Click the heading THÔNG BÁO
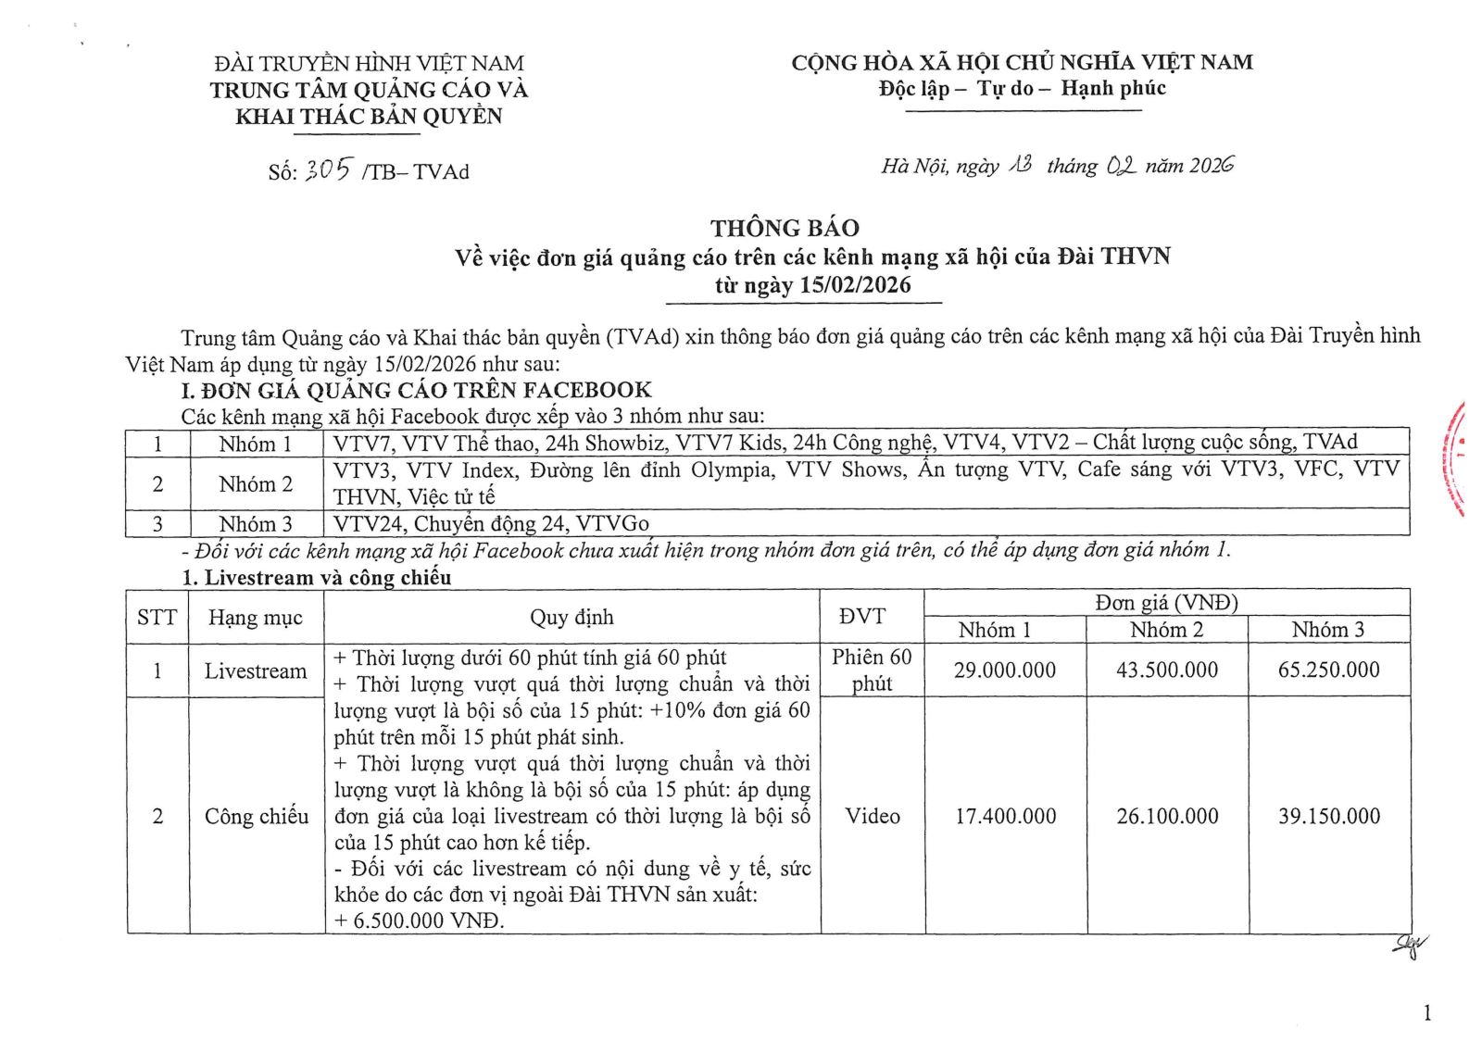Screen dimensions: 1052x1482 coord(785,228)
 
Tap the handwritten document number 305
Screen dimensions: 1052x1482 coord(329,169)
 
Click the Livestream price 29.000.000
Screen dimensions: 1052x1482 coord(1004,670)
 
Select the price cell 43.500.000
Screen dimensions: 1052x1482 coord(1166,670)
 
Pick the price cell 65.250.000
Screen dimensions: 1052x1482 coord(1328,670)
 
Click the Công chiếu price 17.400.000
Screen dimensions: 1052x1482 coord(1005,816)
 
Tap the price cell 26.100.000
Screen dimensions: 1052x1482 coord(1166,816)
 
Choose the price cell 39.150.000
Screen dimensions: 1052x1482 coord(1328,816)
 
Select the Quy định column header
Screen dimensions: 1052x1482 coord(571,617)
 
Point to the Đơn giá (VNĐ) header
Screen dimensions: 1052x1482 coord(1166,603)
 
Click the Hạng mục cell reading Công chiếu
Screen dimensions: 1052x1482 coord(256,816)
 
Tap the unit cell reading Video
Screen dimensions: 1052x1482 coord(872,816)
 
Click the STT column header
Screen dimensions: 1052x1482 coord(157,617)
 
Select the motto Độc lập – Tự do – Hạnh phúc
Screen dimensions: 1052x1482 coord(1022,89)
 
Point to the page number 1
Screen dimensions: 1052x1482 coord(1426,1013)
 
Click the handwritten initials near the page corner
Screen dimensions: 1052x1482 coord(1410,945)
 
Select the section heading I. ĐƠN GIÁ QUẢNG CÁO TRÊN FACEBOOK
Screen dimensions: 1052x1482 coord(416,390)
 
